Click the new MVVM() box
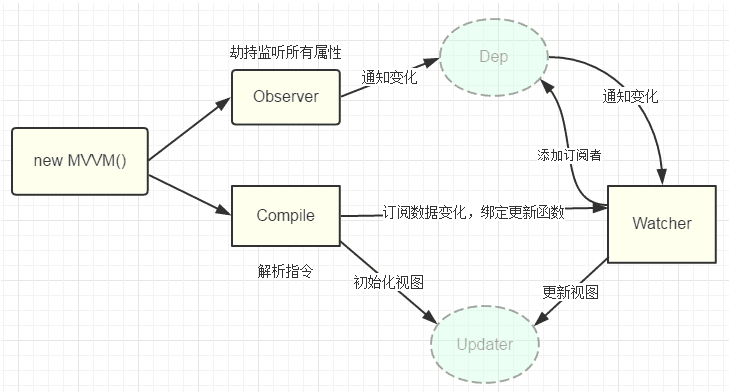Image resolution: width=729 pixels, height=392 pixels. tap(79, 160)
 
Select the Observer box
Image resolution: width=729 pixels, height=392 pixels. tap(285, 97)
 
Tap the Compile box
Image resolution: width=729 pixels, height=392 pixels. tap(285, 215)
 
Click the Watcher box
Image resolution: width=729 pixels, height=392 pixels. tap(661, 223)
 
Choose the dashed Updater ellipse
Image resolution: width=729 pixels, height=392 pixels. tap(484, 344)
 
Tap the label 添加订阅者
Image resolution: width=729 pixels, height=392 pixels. tap(569, 155)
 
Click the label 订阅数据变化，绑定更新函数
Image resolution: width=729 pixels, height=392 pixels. tap(474, 212)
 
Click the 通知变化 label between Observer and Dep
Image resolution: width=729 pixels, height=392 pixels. tap(391, 77)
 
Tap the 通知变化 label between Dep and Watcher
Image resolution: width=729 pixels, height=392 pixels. tap(629, 97)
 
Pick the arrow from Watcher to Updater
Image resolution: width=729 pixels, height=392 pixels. tap(575, 292)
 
